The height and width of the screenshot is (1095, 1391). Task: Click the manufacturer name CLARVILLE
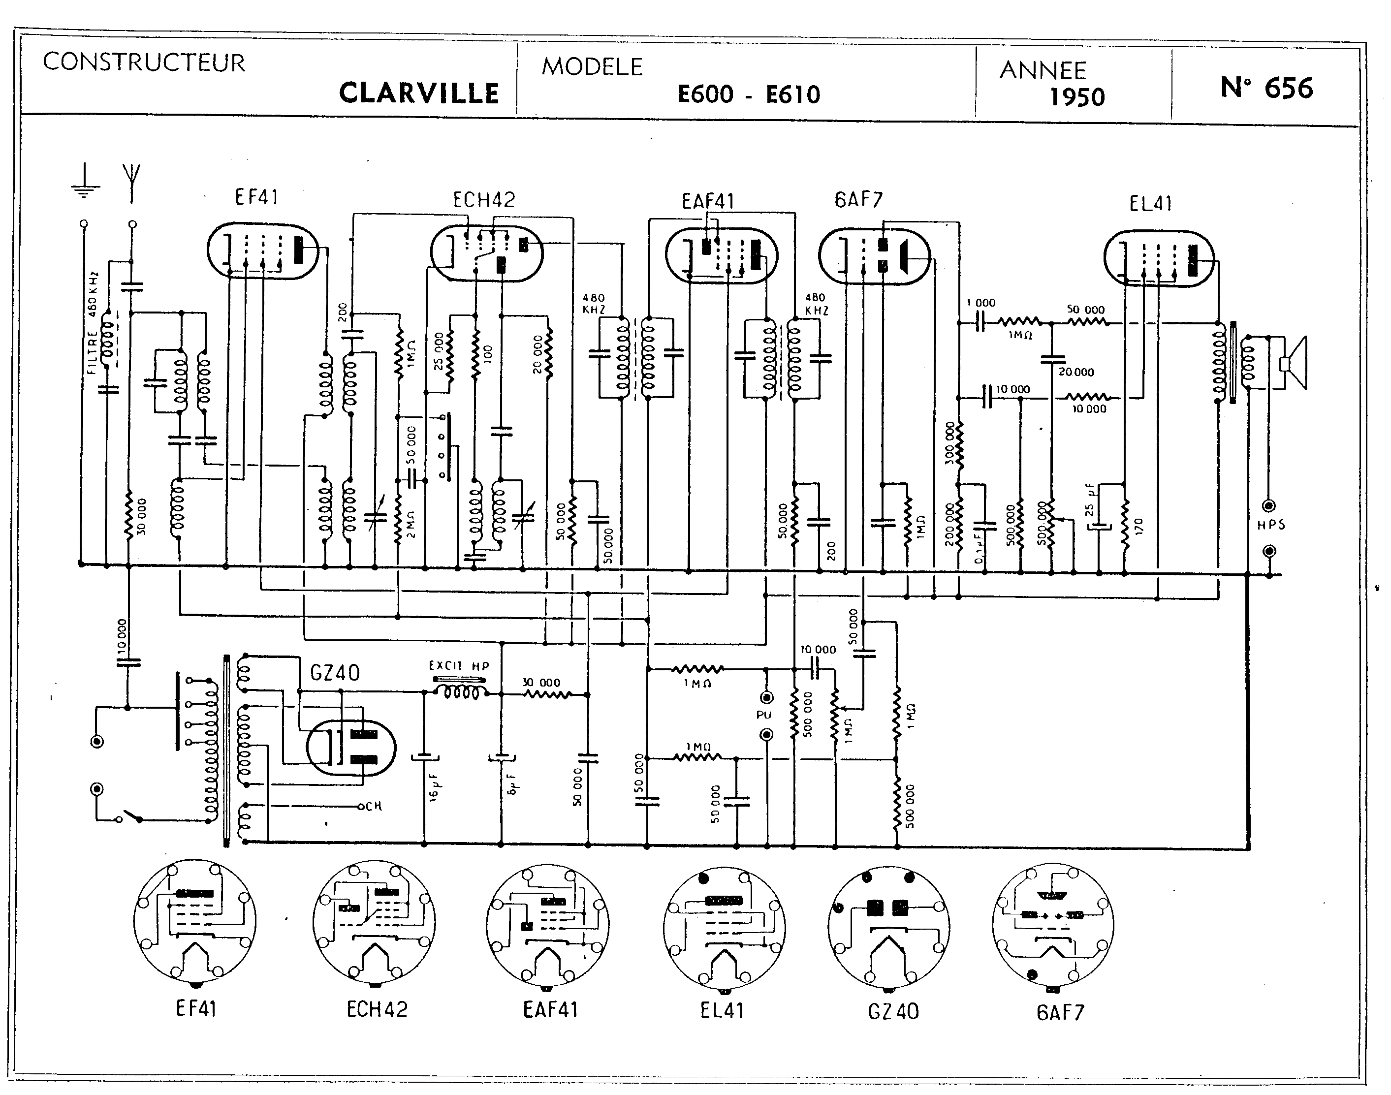419,93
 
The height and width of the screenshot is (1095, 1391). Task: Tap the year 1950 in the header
1077,97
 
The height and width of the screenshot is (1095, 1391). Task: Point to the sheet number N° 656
1266,88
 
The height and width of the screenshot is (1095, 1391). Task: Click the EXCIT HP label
459,666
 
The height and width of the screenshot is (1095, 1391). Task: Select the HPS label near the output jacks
1271,525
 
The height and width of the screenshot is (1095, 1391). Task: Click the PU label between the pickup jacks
764,715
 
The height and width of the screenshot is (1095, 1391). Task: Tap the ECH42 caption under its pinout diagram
377,1010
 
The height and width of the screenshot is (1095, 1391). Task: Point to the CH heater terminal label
373,806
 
